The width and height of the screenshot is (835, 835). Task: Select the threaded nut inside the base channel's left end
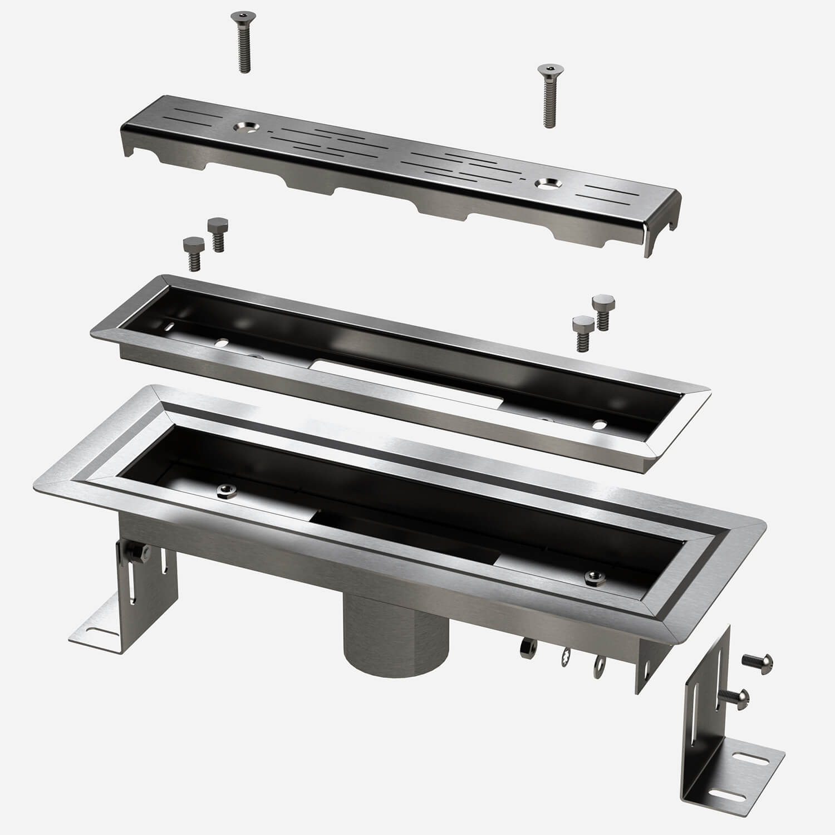point(226,489)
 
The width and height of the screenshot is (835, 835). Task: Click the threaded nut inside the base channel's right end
point(592,578)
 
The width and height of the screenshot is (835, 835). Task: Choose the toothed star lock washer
point(566,657)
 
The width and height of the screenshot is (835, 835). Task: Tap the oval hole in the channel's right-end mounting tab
point(647,671)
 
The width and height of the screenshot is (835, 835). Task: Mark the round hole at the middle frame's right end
point(600,425)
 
